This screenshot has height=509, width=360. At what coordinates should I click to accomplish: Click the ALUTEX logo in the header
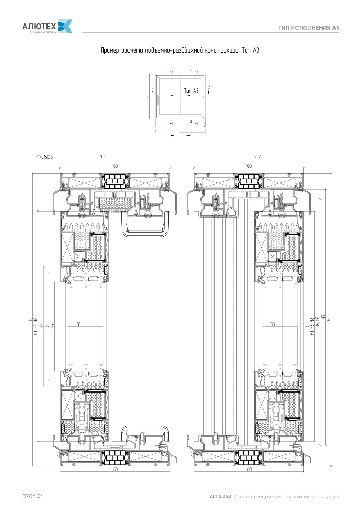(x=47, y=26)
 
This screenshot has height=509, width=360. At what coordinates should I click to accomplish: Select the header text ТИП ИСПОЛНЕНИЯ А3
(x=309, y=28)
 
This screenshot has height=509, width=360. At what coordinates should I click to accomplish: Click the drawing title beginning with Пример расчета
(x=180, y=50)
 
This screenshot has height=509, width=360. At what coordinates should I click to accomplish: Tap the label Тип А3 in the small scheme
(x=191, y=91)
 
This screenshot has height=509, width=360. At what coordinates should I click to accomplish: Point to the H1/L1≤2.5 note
(x=44, y=157)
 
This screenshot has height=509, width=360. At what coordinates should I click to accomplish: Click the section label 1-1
(x=103, y=156)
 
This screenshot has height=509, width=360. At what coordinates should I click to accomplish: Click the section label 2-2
(x=257, y=156)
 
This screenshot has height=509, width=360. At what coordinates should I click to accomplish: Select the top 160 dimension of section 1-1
(x=115, y=166)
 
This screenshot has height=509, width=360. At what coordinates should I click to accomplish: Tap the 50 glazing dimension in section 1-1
(x=78, y=324)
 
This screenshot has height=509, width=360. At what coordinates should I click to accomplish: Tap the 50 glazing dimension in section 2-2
(x=273, y=324)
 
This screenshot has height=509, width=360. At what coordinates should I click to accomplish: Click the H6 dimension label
(x=53, y=326)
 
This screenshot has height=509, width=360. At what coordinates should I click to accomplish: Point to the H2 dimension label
(x=41, y=326)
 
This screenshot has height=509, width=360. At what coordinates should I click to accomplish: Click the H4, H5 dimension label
(x=318, y=322)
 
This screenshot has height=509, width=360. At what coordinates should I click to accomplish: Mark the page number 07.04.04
(x=33, y=496)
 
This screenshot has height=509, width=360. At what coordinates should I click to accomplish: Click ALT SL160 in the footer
(x=220, y=496)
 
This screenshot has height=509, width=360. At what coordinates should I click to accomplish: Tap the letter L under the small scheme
(x=180, y=124)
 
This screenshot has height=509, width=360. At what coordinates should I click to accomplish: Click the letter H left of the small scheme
(x=147, y=96)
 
